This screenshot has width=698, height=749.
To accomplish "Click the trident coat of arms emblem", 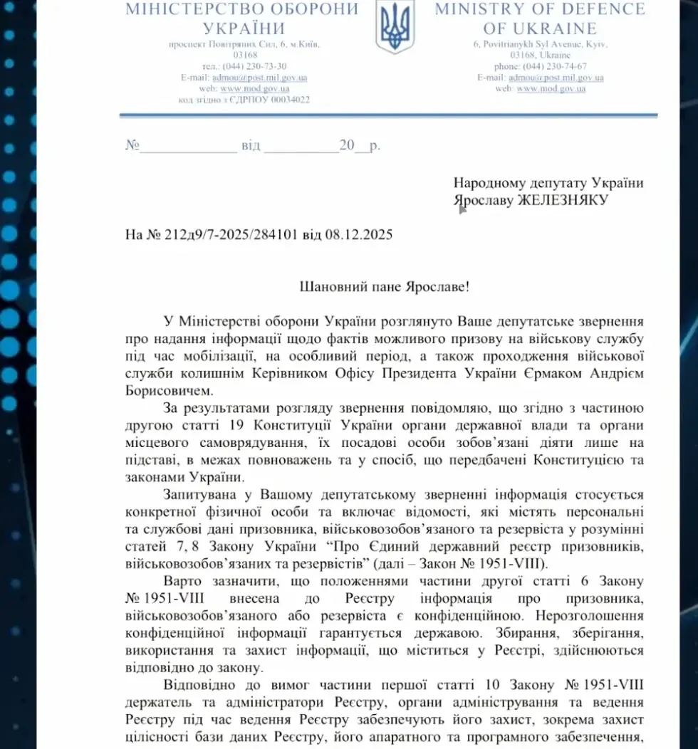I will (395, 27).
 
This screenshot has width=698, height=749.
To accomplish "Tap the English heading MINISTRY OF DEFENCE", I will (540, 9).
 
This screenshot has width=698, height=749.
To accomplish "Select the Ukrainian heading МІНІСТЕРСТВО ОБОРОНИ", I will (242, 9).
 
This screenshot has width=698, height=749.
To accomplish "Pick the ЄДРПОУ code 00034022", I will (283, 100).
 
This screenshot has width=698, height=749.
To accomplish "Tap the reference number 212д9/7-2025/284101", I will (236, 234).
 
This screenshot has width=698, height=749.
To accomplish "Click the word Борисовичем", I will (166, 390).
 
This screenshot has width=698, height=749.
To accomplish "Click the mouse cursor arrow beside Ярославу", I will (462, 209).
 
